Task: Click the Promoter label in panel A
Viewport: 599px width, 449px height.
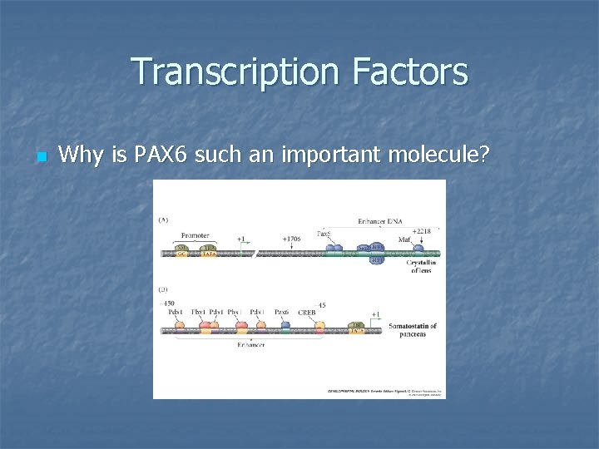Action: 194,234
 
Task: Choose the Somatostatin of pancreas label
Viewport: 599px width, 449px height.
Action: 412,330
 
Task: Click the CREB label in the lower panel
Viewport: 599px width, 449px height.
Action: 307,313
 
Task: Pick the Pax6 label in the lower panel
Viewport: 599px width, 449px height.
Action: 281,313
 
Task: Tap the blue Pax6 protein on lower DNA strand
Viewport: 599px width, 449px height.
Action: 285,326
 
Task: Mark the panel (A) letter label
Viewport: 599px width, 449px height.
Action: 164,220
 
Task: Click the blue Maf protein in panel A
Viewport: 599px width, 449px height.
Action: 418,249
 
